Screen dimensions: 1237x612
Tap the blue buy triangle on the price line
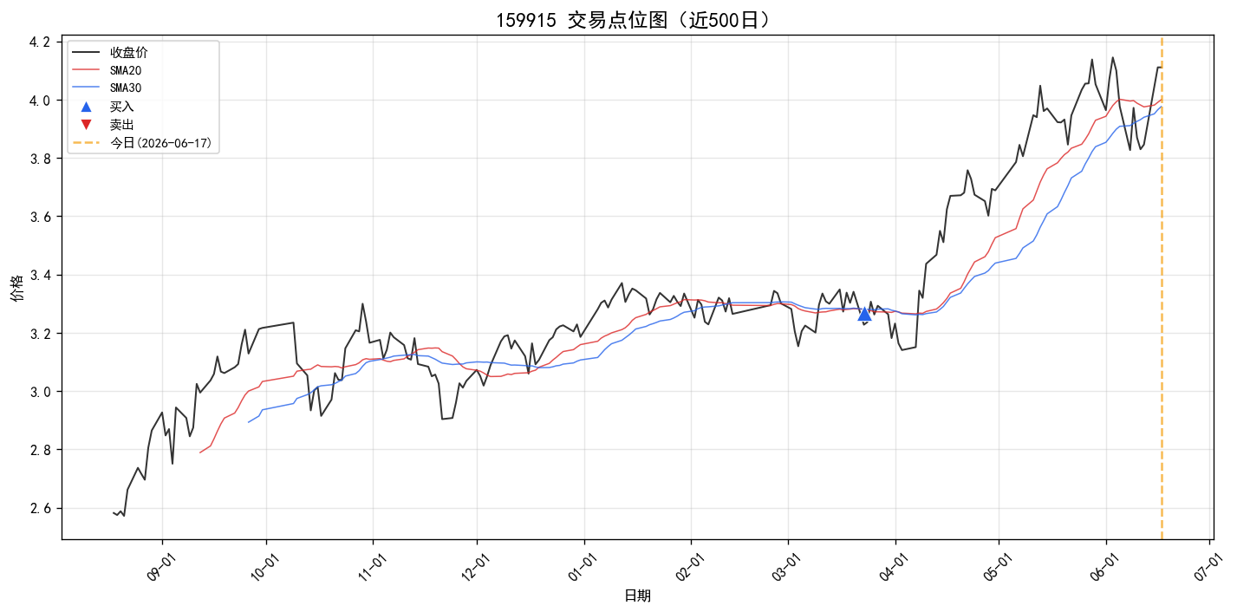tap(864, 314)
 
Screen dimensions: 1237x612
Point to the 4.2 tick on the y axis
tap(39, 42)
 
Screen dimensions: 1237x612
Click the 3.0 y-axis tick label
tap(39, 392)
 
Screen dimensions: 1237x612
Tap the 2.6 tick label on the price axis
tap(39, 508)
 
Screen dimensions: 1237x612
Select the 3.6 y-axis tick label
tap(39, 217)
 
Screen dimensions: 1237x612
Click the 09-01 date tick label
tap(159, 567)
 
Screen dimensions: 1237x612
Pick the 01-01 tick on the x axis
tap(581, 567)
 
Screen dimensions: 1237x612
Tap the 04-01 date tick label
tap(892, 567)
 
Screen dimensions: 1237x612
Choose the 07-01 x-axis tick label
tap(1207, 567)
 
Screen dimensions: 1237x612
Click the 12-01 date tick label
tap(474, 567)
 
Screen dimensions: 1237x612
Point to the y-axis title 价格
tap(17, 288)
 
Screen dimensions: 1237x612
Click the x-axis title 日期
tap(637, 596)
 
